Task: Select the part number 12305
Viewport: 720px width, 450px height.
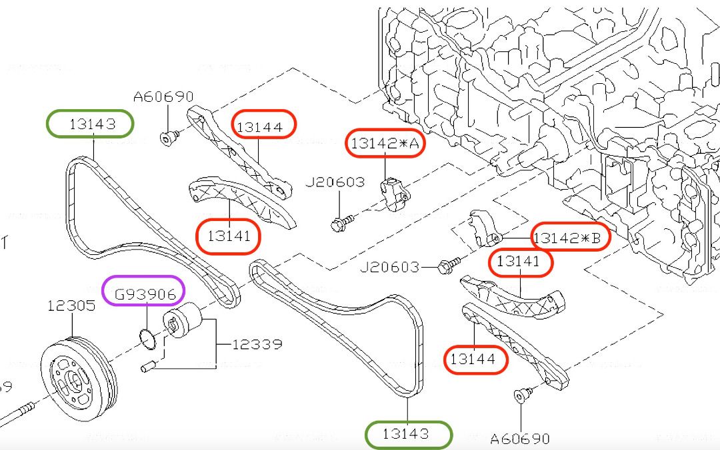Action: coord(71,306)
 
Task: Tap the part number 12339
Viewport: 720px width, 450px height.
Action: coord(257,344)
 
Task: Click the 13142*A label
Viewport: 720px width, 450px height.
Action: coord(385,143)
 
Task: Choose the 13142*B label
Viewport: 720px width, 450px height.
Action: coord(571,236)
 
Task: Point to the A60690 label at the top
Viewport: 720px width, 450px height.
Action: coord(163,97)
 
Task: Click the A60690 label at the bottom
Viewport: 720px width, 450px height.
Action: coord(520,439)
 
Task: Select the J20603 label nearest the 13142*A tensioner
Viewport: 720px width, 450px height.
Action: coord(335,182)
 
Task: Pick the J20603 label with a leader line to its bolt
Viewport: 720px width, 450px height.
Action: coord(390,268)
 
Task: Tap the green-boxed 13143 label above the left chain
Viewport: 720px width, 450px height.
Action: coord(90,124)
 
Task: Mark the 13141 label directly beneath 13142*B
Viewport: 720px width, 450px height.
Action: coord(521,262)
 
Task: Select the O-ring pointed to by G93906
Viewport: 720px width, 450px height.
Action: coord(150,339)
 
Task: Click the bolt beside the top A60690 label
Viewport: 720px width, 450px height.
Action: coord(168,138)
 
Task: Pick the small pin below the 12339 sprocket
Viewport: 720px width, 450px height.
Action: coord(149,365)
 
